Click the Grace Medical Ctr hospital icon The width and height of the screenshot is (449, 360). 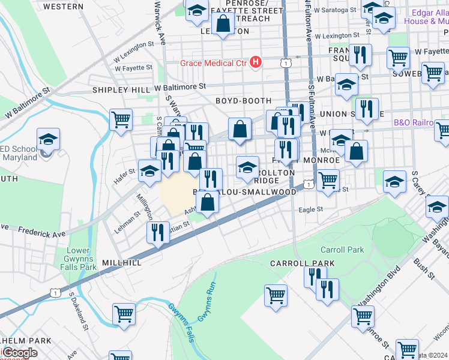pos(256,62)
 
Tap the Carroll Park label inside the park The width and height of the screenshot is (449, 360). pos(343,250)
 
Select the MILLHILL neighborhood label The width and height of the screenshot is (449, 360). pos(122,263)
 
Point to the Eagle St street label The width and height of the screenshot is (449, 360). pos(311,209)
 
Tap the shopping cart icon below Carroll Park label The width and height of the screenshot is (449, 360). pos(276,295)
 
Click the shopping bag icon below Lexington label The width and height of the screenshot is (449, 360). pos(223,24)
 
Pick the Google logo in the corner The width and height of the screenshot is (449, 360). pos(20,353)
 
